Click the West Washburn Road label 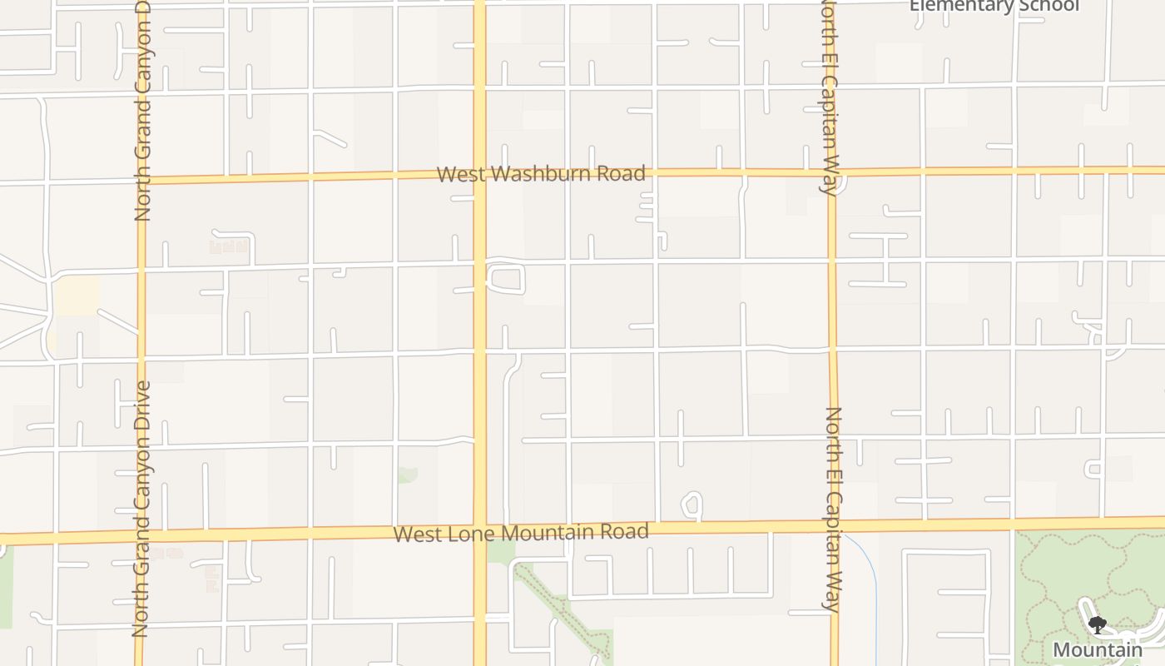click(541, 174)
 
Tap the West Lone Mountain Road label click(521, 533)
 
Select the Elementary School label click(994, 6)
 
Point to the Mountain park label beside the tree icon click(1098, 650)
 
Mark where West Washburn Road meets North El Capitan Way click(830, 172)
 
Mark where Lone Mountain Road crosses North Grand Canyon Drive click(141, 537)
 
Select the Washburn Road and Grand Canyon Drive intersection click(141, 179)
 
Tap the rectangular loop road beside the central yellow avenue click(505, 278)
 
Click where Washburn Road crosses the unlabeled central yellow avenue click(479, 175)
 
